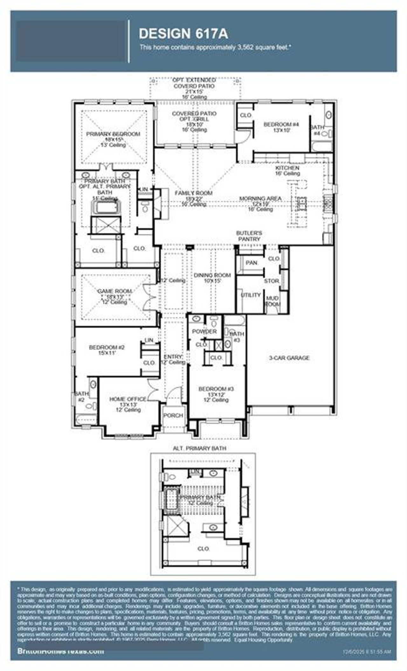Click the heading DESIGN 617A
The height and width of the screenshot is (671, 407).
coord(183,34)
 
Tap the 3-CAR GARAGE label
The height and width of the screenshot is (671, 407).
coord(289,358)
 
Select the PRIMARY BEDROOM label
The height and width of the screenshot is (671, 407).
coord(113,134)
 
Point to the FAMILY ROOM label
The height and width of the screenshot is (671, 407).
coord(193,193)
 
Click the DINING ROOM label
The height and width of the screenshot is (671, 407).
coord(212,275)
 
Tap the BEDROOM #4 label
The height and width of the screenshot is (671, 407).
coord(277,124)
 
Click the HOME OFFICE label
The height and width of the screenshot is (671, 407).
coord(128,399)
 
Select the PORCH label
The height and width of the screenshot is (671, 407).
coord(173,416)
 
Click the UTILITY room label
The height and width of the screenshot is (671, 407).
coord(251,295)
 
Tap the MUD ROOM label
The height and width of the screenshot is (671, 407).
coord(272,301)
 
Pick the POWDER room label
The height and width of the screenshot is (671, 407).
coord(204,331)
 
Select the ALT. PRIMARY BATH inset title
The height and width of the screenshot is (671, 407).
coord(200,448)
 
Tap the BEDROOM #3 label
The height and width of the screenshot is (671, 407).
coord(216,389)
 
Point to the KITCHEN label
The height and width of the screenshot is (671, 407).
coord(287,168)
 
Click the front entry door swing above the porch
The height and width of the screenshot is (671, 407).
coord(174,396)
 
